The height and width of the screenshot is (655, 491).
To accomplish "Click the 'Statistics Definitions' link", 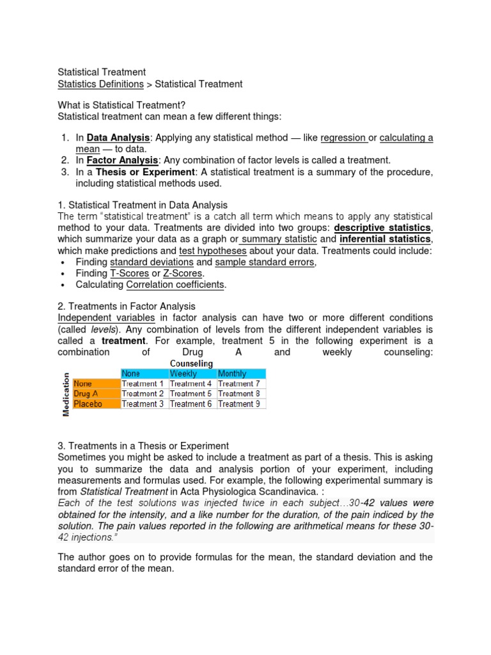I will (100, 84).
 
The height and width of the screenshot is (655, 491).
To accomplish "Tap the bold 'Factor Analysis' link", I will (122, 160).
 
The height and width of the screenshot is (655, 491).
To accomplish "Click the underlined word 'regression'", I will (343, 138).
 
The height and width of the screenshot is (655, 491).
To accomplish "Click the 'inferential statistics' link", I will (385, 239).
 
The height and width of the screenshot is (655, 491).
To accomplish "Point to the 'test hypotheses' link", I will (213, 251).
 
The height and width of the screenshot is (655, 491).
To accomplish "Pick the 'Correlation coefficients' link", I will (175, 285).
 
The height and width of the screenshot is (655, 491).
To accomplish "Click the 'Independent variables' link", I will (106, 318).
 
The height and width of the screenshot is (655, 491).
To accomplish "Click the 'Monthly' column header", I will (232, 374).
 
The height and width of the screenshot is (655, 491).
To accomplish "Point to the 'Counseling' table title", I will (191, 363).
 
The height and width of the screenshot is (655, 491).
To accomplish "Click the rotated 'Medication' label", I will (65, 393).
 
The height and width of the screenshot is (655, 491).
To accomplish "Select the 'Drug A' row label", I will (88, 393).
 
